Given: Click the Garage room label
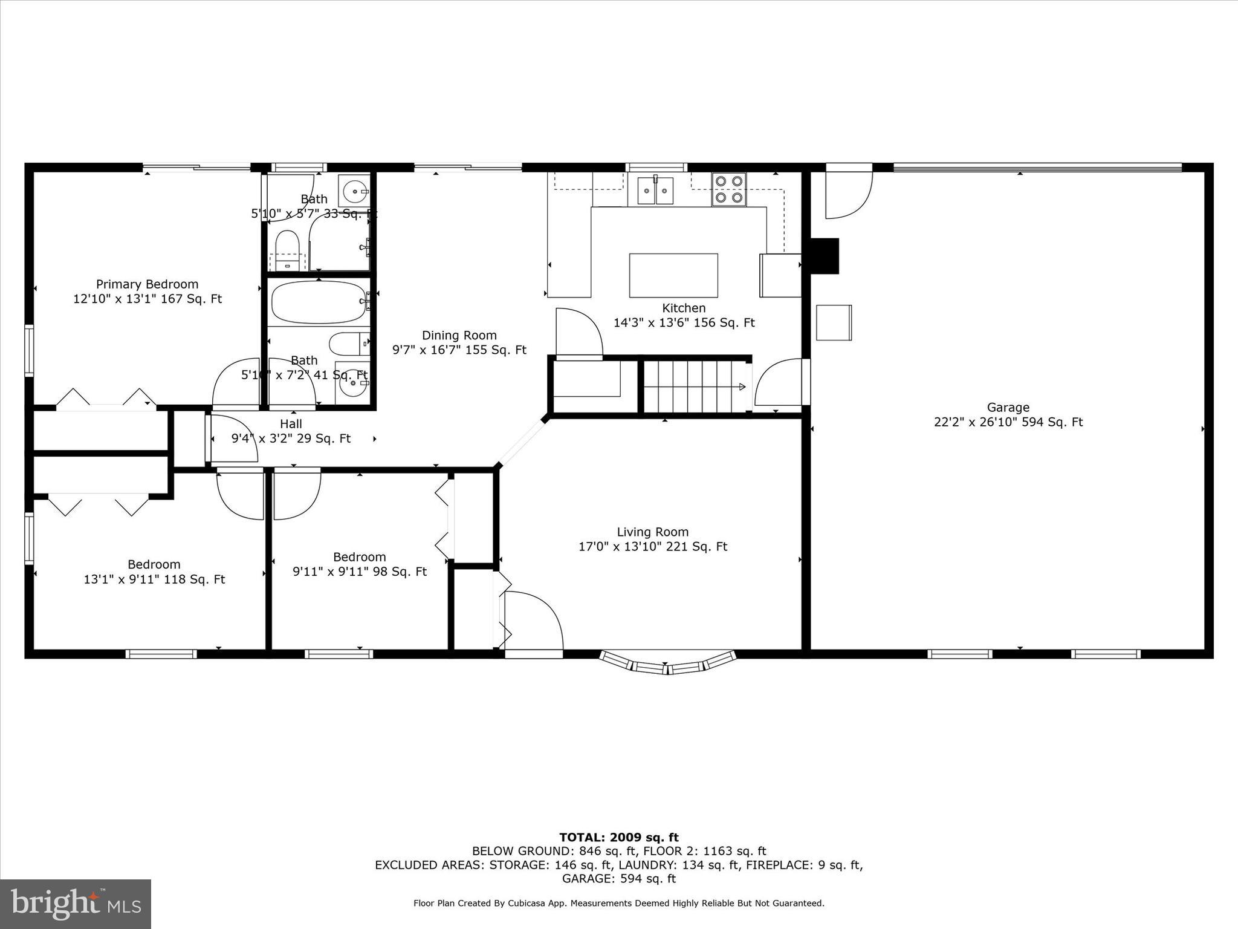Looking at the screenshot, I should (1008, 408).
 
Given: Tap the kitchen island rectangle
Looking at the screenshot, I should (673, 275).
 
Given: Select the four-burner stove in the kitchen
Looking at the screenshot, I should (728, 189).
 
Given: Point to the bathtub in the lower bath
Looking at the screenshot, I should (319, 302).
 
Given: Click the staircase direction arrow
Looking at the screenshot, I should (742, 387).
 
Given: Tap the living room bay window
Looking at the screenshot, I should (667, 663).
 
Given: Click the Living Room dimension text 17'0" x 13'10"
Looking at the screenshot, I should (652, 547).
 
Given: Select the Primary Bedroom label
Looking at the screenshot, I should (147, 284).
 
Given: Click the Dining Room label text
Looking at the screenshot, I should (459, 335).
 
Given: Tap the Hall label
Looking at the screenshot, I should (291, 424).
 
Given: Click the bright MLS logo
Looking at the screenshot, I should (76, 904).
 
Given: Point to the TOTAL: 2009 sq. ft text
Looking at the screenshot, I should (618, 837).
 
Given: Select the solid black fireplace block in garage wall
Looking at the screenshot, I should (824, 256).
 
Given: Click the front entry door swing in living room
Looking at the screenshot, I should (533, 623).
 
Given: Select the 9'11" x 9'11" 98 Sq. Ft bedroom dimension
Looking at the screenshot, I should (360, 572).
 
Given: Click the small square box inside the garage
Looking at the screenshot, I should (834, 322).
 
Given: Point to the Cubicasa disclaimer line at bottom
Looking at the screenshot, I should (618, 903).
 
